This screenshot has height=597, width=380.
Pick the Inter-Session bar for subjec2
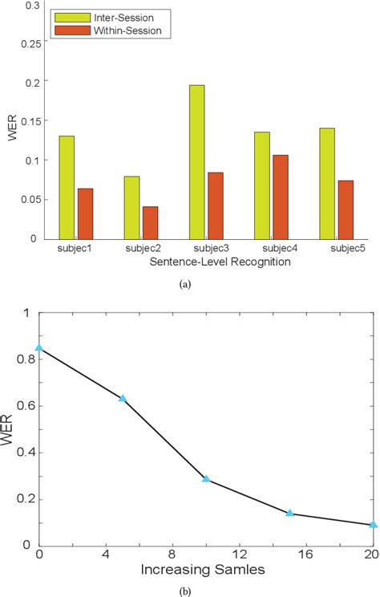(132, 208)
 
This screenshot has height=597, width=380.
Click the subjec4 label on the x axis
(273, 249)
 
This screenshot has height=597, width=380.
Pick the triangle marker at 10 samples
(206, 479)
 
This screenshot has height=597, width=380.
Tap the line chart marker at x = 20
(373, 524)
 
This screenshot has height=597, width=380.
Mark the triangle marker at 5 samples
(123, 398)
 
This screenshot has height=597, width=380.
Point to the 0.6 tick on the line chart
(24, 405)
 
